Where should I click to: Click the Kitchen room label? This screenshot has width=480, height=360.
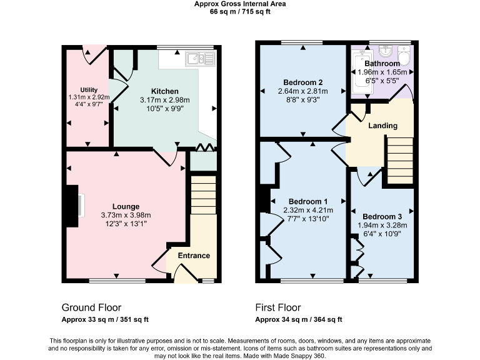tap(164, 91)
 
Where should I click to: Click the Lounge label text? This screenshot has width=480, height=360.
tap(126, 206)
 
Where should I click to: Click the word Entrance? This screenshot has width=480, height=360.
tap(194, 256)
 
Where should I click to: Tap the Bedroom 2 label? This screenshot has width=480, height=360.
tap(302, 82)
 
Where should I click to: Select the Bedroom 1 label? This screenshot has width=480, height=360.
tap(306, 201)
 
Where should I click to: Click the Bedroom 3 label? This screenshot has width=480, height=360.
tap(382, 217)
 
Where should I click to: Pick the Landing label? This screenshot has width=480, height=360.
tap(382, 126)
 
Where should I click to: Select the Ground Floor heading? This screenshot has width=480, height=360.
tap(91, 307)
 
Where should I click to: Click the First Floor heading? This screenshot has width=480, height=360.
tap(277, 307)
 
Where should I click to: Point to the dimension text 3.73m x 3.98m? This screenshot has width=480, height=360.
tap(126, 215)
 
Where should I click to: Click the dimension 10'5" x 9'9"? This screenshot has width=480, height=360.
tap(164, 109)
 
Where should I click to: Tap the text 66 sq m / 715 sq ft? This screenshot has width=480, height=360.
tap(240, 11)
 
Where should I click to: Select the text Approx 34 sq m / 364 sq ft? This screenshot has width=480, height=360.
tap(299, 319)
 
